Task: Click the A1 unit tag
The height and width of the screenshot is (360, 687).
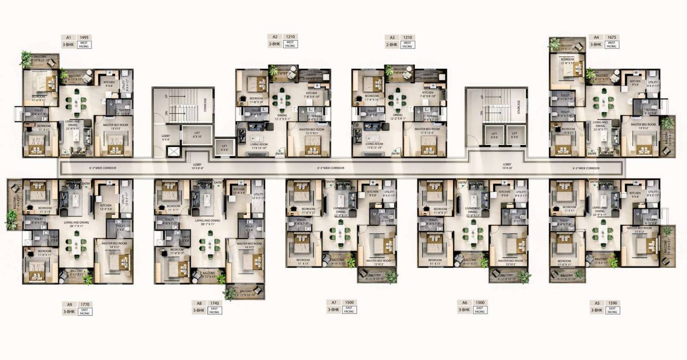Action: pos(68,38)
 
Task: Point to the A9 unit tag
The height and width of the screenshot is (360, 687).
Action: pos(68,304)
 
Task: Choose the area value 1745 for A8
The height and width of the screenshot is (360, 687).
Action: pos(214,303)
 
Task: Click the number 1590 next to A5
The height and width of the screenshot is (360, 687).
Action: pos(612,303)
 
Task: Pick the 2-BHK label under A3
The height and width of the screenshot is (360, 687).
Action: pos(392,45)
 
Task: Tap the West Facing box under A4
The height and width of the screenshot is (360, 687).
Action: pos(611,45)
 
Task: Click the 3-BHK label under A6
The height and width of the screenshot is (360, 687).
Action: pos(464,310)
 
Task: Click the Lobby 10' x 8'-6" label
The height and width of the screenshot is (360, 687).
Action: pos(197,166)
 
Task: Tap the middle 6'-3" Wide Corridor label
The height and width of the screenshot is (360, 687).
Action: pos(331,168)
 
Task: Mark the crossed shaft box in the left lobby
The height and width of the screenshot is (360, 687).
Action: pos(174,152)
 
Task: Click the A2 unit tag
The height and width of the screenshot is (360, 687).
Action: pos(275,37)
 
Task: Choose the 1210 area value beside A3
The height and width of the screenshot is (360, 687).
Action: pos(408,38)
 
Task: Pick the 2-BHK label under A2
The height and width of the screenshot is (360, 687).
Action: pos(275,45)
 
